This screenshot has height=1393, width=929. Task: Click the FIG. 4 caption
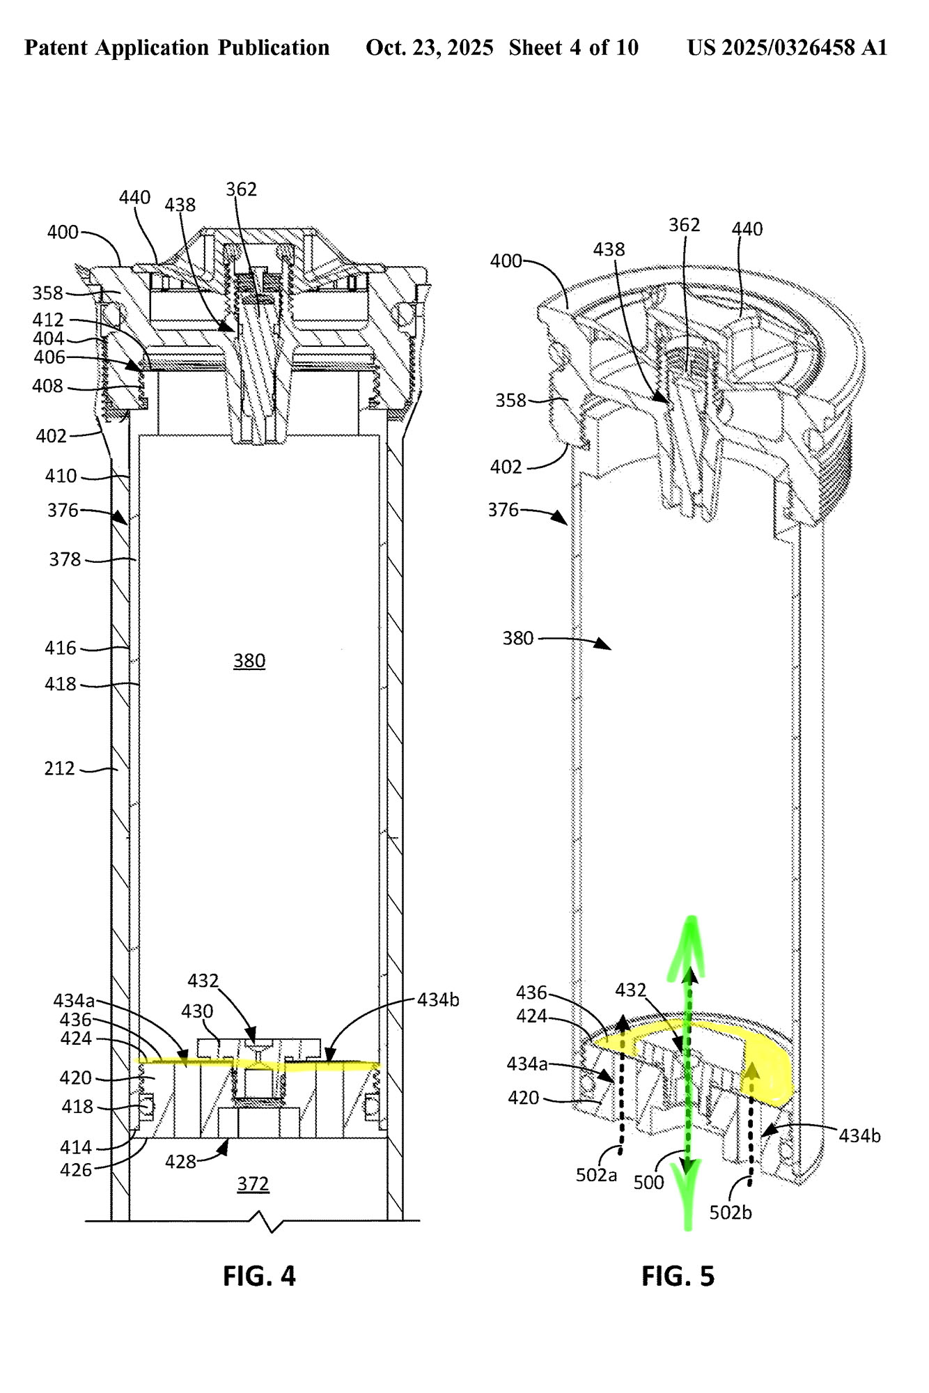click(259, 1275)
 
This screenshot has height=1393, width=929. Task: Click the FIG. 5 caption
click(678, 1276)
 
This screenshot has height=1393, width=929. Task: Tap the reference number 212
click(59, 768)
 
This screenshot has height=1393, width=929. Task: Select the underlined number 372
click(253, 1183)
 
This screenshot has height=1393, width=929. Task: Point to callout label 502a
click(596, 1175)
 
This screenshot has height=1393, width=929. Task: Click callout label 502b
click(731, 1212)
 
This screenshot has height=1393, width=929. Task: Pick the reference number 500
click(648, 1182)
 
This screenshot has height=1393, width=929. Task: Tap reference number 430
click(197, 1011)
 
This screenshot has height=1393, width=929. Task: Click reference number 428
click(180, 1161)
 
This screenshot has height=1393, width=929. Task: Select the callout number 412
click(48, 320)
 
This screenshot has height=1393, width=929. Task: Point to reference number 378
click(65, 559)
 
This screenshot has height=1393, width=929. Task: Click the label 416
click(61, 648)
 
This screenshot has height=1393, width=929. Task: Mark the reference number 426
click(76, 1169)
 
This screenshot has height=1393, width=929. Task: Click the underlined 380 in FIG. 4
click(249, 660)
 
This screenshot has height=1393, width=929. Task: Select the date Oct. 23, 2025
click(429, 47)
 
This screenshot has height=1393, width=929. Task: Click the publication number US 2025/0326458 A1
click(787, 47)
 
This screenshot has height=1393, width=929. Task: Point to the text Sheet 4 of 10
click(573, 47)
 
